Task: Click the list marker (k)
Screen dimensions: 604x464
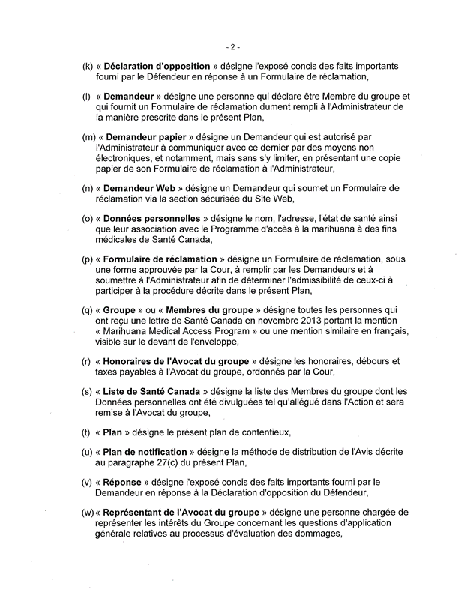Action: pos(86,65)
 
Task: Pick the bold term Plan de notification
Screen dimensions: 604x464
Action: pos(153,455)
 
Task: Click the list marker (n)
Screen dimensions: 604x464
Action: pos(87,185)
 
